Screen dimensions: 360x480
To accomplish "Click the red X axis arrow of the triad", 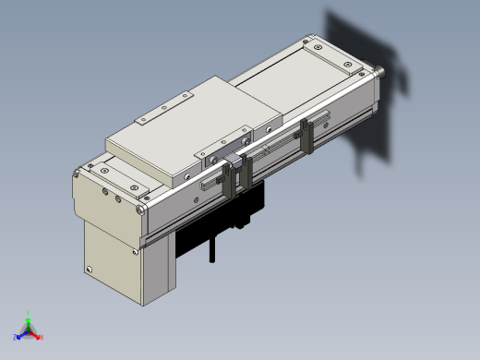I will pos(36,335).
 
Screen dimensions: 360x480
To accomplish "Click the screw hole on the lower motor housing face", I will pos(90,270).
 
